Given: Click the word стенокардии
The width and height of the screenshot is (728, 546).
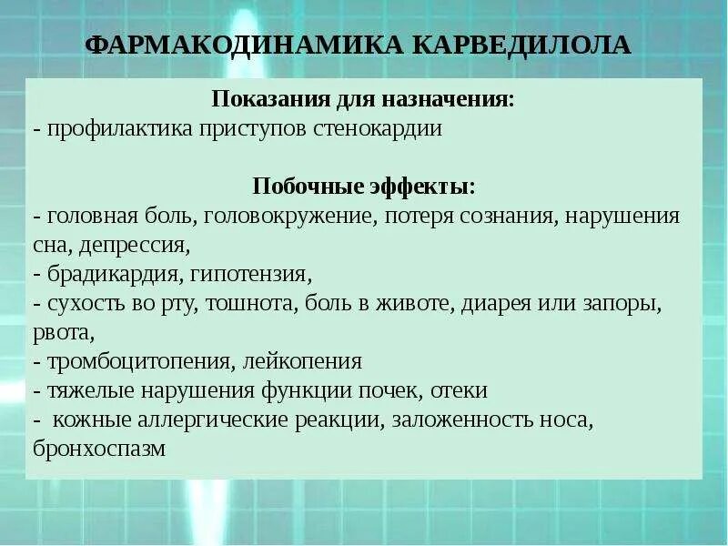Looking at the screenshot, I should tap(382, 128).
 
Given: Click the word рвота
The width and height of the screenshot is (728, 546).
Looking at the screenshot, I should tap(61, 332).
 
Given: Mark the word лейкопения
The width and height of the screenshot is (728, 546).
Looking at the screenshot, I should tap(303, 362).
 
